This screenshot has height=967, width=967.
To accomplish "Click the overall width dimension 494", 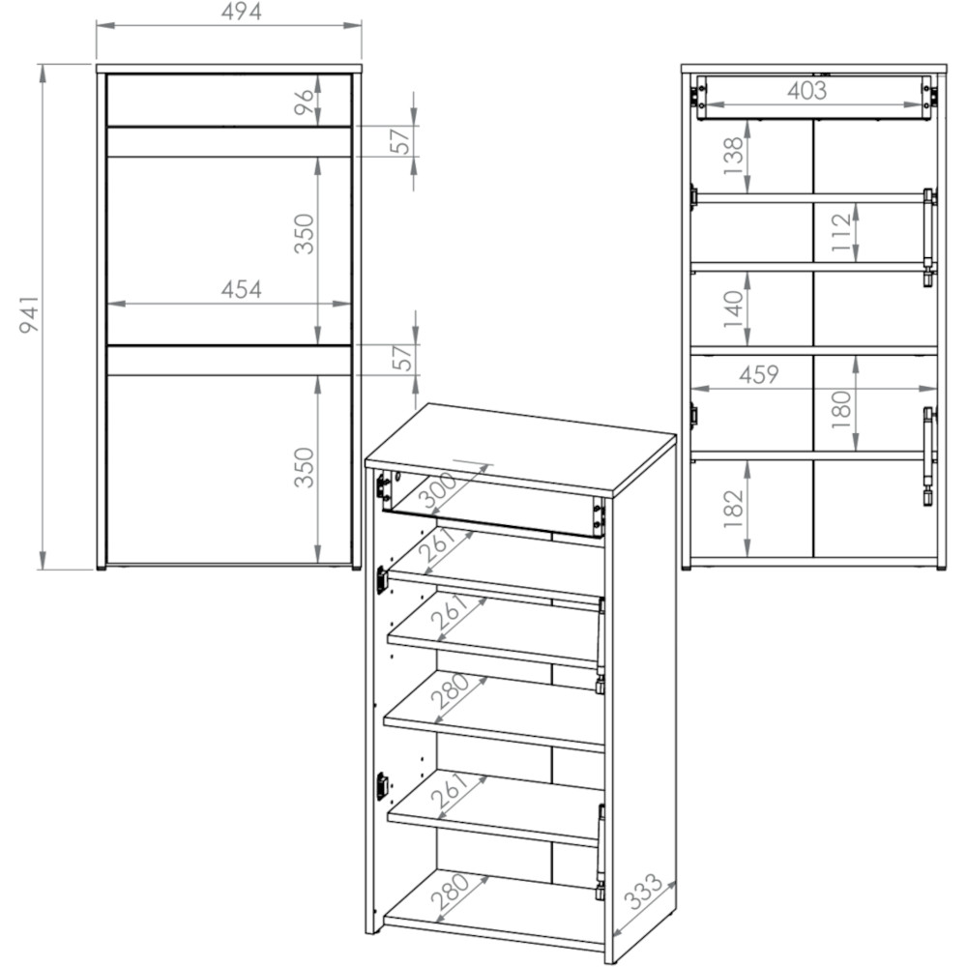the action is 241,12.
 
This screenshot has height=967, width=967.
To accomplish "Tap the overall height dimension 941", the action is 29,314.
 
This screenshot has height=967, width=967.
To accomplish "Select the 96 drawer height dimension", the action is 304,102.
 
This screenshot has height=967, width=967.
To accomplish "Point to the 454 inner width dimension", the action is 241,289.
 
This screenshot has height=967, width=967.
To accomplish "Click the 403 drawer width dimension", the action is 806,91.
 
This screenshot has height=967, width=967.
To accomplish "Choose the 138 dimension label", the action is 733,156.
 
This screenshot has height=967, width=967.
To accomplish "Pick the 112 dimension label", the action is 840,232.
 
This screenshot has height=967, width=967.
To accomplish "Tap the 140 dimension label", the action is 733,309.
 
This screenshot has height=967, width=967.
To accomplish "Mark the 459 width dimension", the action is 758,374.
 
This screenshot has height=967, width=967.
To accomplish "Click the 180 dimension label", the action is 840,409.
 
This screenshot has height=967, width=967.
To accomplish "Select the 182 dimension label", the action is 733,509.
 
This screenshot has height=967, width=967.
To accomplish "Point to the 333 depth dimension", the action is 643,892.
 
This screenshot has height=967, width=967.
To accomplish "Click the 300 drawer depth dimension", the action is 437,488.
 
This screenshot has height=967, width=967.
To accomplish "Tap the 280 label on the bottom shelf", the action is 451,892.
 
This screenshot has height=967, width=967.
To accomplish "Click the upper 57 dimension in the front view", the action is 401,140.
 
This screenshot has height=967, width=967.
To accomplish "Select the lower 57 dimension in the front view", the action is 402,359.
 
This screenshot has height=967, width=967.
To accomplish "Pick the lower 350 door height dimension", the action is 304,467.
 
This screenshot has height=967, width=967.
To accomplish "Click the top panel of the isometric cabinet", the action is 520,449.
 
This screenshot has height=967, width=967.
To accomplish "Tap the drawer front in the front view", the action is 229,101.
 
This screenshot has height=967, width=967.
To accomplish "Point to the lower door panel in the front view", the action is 229,469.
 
